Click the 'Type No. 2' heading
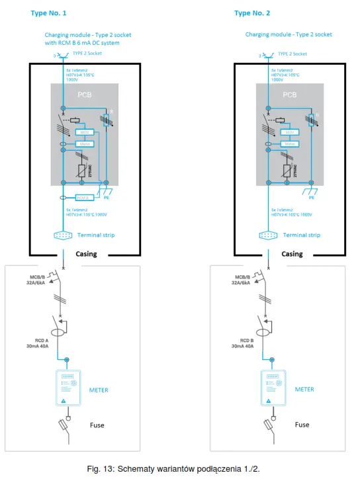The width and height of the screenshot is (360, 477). (x=252, y=13)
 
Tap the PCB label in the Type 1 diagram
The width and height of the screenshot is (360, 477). (x=85, y=95)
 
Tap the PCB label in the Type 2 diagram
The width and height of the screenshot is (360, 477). (x=290, y=95)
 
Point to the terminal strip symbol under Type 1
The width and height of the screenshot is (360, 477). (x=64, y=235)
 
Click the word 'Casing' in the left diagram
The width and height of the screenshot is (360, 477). (x=87, y=254)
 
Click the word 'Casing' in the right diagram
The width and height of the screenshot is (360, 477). (x=292, y=254)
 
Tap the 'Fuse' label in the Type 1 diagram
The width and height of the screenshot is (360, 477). (x=97, y=425)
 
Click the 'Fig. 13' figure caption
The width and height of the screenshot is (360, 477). (x=179, y=468)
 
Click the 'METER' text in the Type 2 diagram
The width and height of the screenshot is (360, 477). (x=304, y=390)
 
